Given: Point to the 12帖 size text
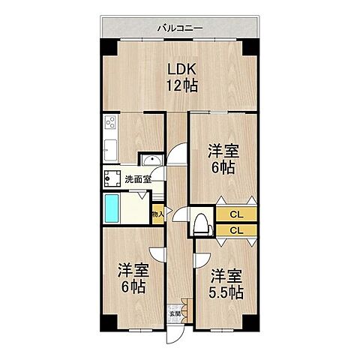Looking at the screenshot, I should pyautogui.click(x=181, y=86).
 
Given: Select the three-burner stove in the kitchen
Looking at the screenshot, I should pyautogui.click(x=110, y=123).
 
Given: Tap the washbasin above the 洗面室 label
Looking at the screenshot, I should pyautogui.click(x=149, y=159).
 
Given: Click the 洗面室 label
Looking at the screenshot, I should pyautogui.click(x=137, y=179).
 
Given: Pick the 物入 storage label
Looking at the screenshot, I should pyautogui.click(x=157, y=214).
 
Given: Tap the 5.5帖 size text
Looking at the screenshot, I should pyautogui.click(x=224, y=292).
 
